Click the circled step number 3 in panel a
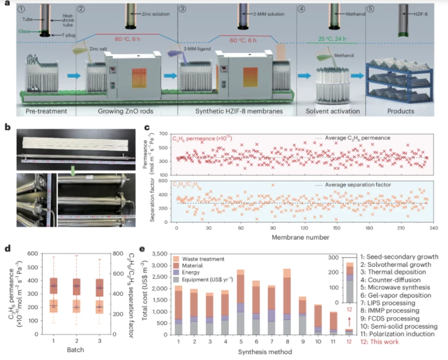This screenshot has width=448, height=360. click(184, 8)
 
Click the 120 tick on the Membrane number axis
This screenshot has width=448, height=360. click(304, 228)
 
